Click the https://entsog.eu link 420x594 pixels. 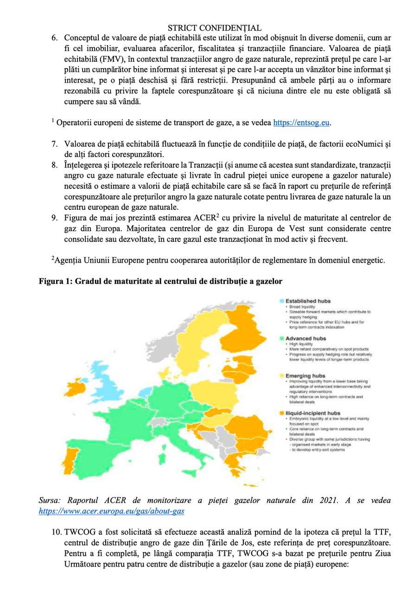click(301, 123)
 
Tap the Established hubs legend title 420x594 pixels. click(308, 301)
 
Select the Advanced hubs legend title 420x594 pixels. click(305, 339)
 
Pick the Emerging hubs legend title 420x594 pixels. click(305, 376)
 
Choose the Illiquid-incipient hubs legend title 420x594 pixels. click(313, 413)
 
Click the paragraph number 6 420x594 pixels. click(54, 38)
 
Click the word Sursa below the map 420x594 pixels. click(50, 501)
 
